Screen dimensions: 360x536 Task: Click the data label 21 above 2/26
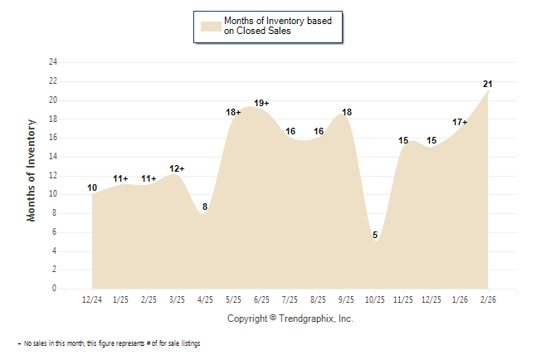[x=488, y=84]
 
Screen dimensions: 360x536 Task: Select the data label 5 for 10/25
[x=375, y=235]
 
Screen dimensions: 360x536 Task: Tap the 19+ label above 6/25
[x=261, y=103]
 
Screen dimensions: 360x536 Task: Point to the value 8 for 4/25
[x=205, y=207]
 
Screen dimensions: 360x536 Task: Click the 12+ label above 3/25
[x=177, y=168]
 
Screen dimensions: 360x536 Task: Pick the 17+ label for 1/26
[x=460, y=122]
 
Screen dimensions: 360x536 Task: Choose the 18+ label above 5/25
[x=233, y=112]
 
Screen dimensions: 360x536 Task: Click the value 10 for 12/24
[x=92, y=187]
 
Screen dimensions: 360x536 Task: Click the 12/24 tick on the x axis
[x=92, y=299]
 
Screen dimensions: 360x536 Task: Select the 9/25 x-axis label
[x=346, y=299]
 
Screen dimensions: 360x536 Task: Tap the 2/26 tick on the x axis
[x=488, y=299]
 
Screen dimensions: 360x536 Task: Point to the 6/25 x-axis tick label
[x=261, y=299]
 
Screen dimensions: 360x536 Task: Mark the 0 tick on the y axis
[x=55, y=289]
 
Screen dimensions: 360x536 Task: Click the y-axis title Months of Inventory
[x=32, y=170]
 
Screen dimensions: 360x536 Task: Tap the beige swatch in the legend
[x=210, y=27]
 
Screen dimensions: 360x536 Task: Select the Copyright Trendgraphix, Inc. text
[x=290, y=319]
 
